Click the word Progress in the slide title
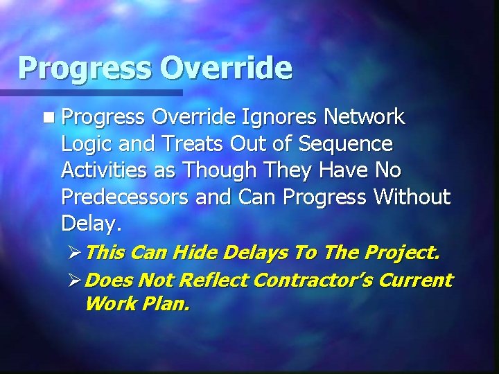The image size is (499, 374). point(85,69)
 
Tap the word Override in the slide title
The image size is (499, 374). point(226,68)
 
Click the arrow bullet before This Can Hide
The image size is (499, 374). point(75,253)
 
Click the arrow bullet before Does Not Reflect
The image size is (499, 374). point(75,280)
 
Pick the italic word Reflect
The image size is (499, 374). point(215,280)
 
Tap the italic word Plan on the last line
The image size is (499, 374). point(167,303)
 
